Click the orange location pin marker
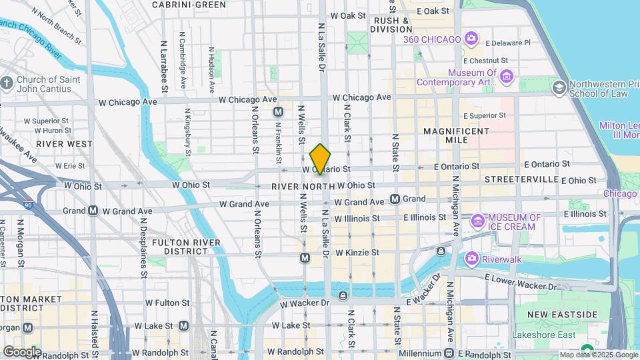(x=321, y=159)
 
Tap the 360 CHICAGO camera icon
(x=471, y=39)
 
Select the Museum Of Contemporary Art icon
(x=507, y=77)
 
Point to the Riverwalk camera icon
(x=471, y=258)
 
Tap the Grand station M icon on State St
(x=395, y=199)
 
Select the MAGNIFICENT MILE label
(x=456, y=136)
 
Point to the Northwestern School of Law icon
(x=559, y=87)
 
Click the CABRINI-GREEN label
(x=189, y=5)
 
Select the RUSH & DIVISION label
(x=391, y=25)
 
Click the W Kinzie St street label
(x=357, y=253)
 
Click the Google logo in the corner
(x=22, y=351)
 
